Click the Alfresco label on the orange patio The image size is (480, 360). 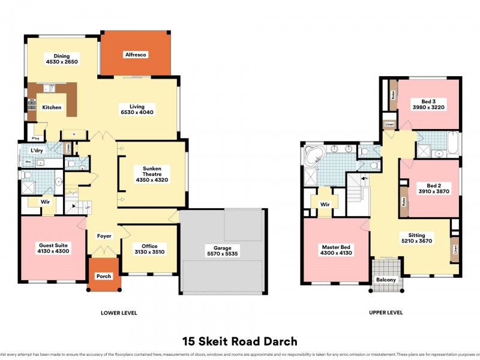tap(136, 55)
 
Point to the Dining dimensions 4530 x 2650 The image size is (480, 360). tap(62, 62)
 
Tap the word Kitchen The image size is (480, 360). tap(52, 107)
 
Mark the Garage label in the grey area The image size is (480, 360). tap(222, 247)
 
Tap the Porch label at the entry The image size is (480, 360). tap(104, 277)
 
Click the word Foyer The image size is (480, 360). tap(104, 236)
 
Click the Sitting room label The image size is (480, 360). tap(417, 236)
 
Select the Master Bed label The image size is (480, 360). tap(336, 246)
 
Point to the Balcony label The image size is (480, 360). tap(386, 280)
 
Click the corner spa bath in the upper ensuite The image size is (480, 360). tap(313, 155)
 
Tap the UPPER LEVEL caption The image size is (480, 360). tap(386, 313)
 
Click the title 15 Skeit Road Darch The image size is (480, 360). tap(240, 341)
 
